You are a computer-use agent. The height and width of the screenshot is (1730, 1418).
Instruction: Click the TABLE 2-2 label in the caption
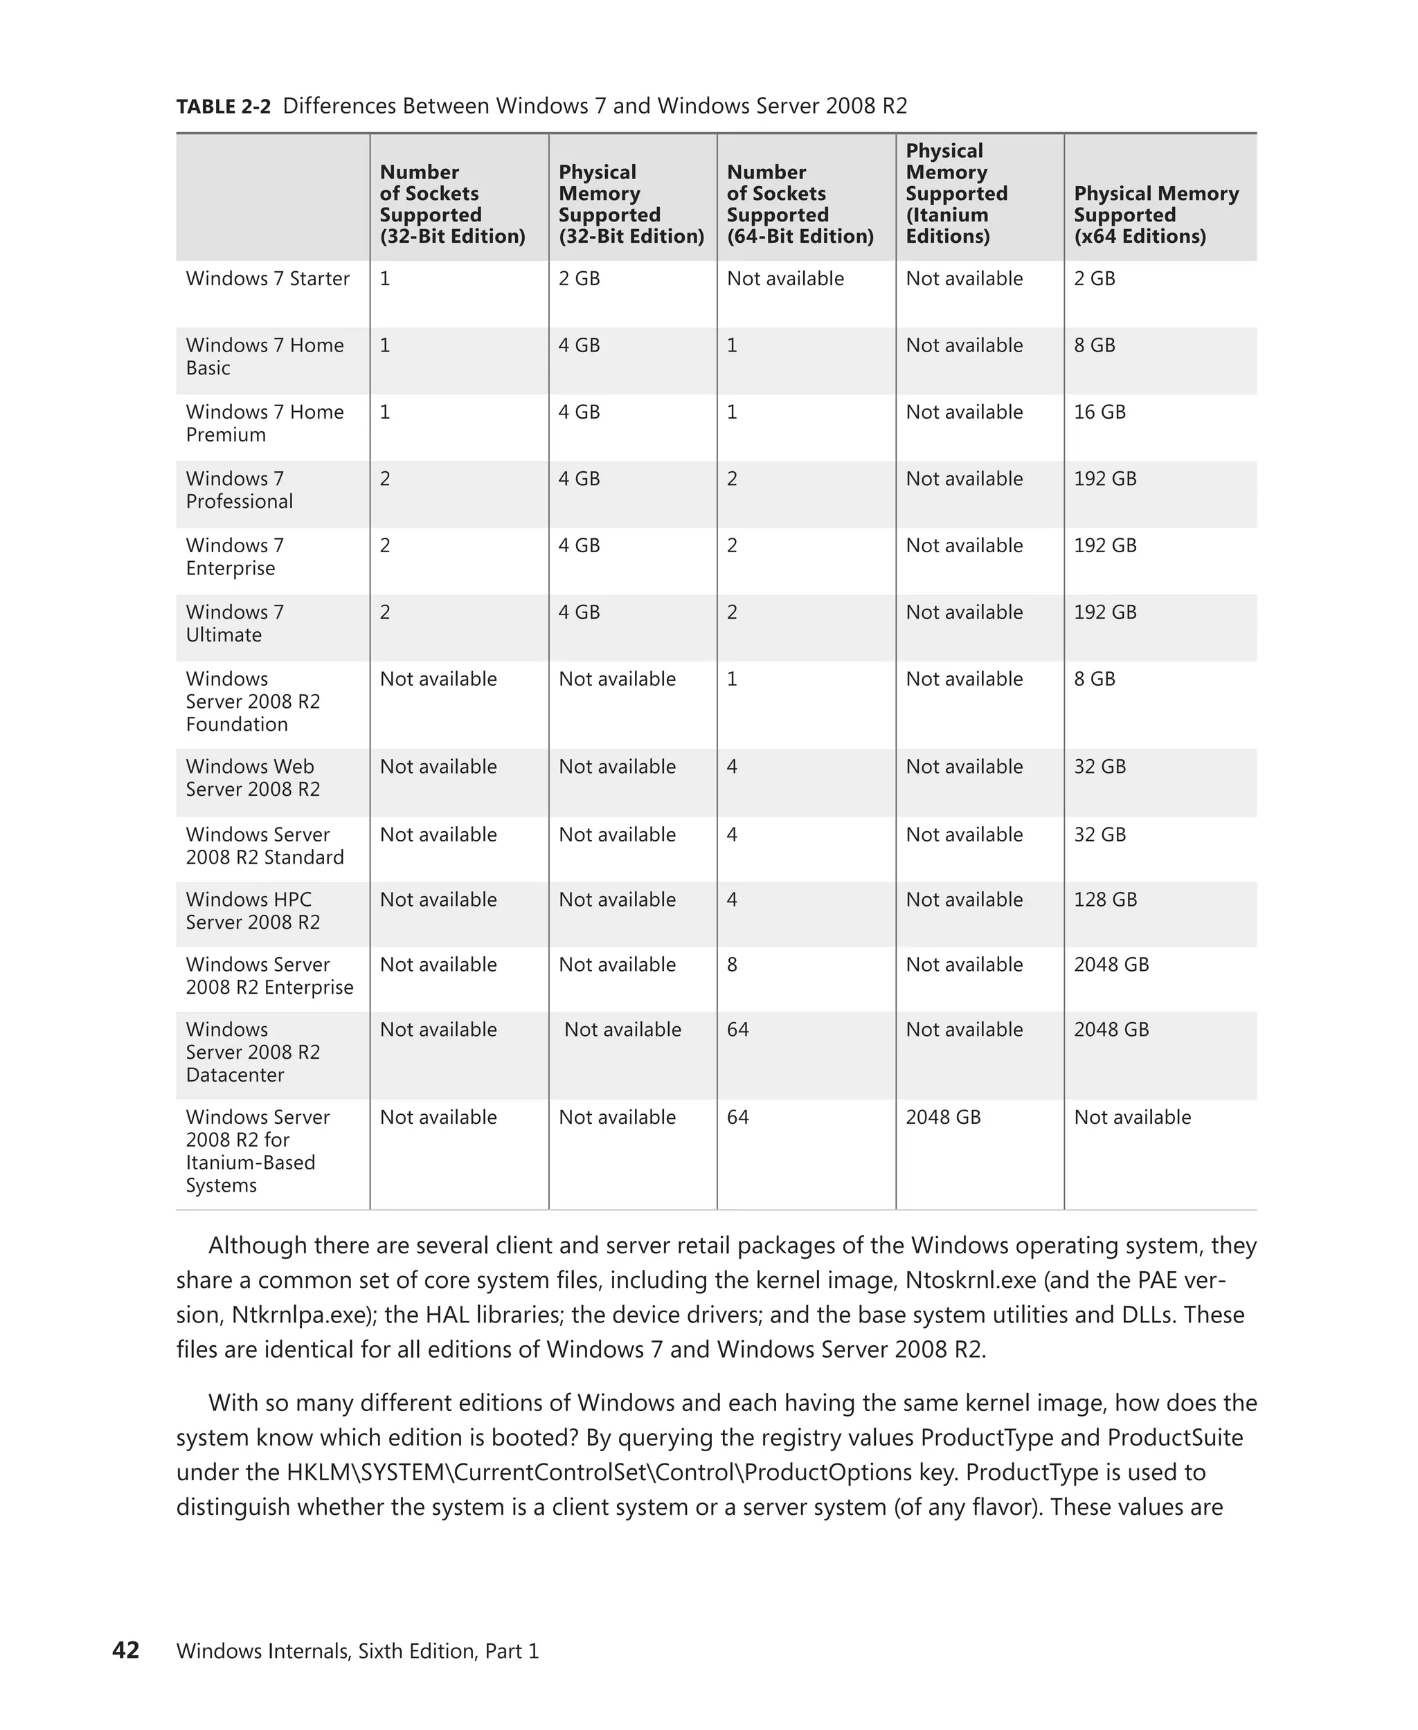pos(223,107)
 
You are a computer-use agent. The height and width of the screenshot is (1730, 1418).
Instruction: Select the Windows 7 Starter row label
pos(267,278)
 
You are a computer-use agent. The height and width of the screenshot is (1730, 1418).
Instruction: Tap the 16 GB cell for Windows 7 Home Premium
pos(1099,412)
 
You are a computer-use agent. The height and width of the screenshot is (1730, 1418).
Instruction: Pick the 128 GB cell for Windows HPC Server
pos(1104,900)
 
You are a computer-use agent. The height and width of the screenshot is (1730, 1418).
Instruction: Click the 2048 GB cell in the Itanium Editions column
pos(942,1117)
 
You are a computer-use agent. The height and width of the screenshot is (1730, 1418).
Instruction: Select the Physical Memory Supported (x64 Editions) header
pos(1155,215)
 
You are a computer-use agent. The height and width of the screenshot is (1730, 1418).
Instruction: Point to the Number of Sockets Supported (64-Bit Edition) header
pos(799,204)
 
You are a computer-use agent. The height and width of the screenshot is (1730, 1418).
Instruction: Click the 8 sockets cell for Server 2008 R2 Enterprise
pos(732,965)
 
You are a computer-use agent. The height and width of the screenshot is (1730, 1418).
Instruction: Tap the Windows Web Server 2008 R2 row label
pos(253,778)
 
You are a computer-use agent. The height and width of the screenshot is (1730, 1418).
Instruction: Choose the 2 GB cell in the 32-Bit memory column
pos(578,278)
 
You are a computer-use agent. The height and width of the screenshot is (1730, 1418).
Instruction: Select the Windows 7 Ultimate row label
pos(235,623)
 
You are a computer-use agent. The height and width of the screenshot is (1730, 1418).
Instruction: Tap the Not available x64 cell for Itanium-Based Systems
pos(1131,1117)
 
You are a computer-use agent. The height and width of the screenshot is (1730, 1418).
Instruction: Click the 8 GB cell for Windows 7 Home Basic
pos(1094,345)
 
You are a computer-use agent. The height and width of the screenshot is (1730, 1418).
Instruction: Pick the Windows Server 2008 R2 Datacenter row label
pos(253,1053)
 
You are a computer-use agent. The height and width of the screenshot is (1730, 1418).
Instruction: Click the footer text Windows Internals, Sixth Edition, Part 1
pos(357,1651)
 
